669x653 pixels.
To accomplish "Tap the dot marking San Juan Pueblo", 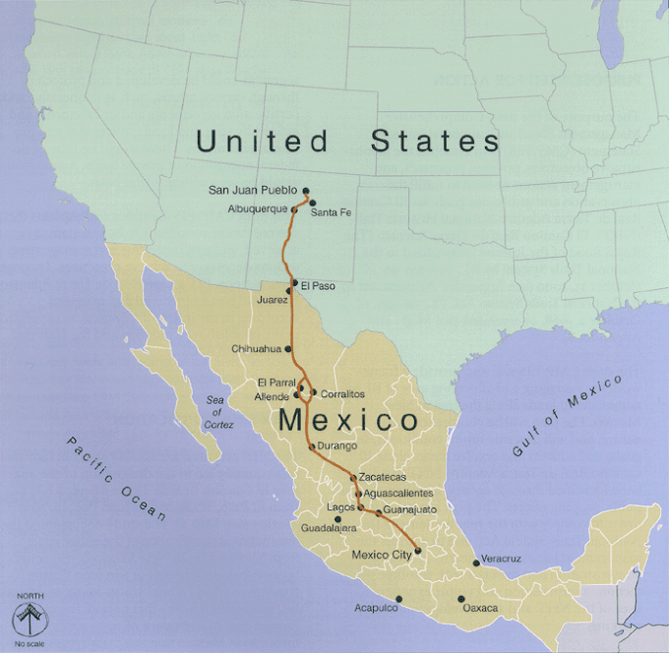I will (306, 191).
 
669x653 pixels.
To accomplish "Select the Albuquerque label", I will (258, 209).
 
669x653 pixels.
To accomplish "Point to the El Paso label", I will (318, 286).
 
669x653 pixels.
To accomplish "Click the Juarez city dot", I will (289, 290).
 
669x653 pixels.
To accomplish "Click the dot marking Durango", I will (312, 447).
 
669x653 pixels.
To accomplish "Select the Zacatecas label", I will (382, 477).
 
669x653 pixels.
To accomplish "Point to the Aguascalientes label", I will (398, 493).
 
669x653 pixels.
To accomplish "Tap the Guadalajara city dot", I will (337, 518).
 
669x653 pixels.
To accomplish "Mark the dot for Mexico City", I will (418, 551).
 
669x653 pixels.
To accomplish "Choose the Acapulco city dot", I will (399, 598).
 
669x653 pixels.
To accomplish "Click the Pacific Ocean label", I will (116, 478).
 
